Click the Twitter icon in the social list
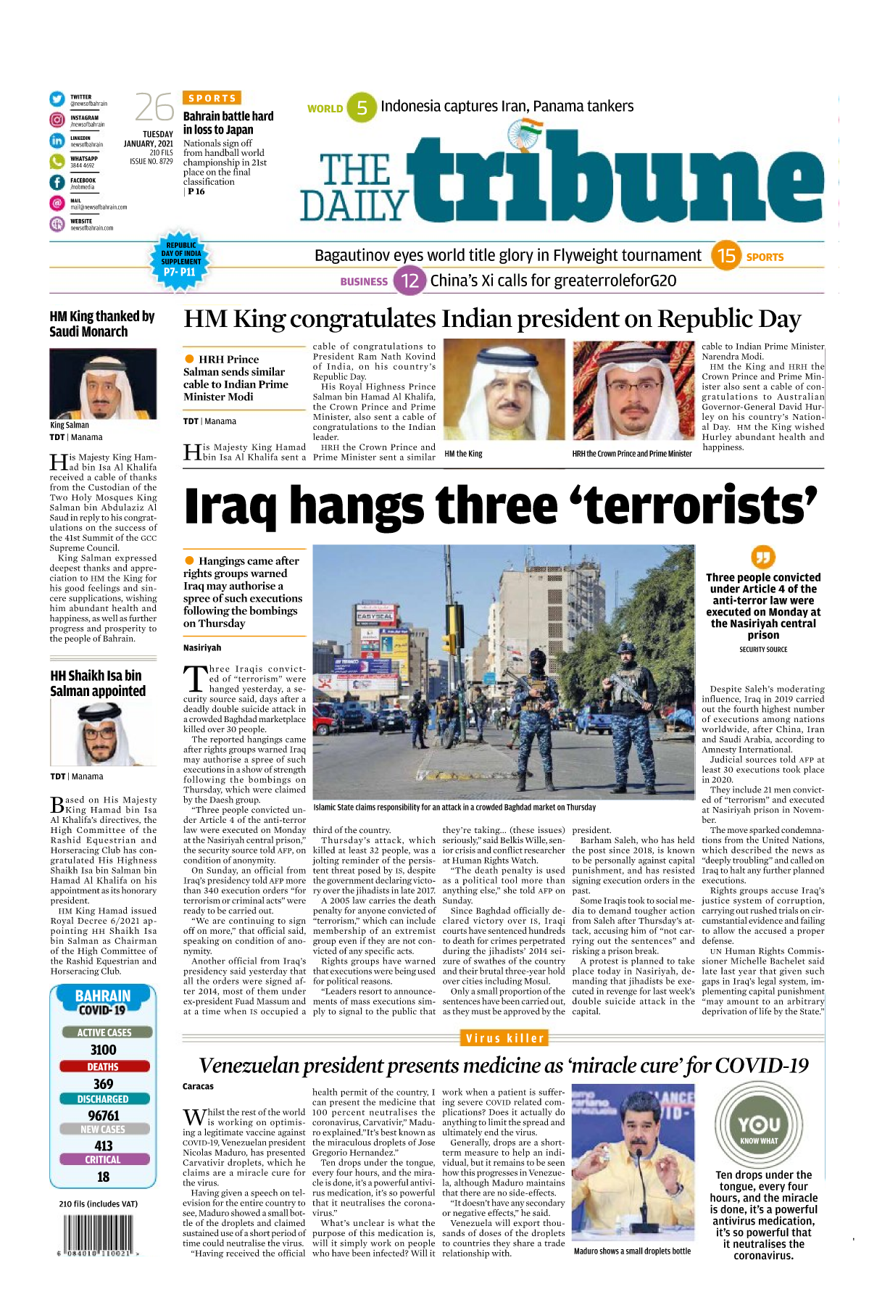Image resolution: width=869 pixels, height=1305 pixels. [x=57, y=99]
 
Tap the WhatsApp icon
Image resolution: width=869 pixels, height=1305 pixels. [x=57, y=161]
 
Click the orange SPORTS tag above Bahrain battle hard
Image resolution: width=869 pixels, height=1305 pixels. [x=212, y=98]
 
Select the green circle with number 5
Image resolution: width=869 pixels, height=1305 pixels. [x=362, y=108]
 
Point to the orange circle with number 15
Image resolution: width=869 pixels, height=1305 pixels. [x=726, y=255]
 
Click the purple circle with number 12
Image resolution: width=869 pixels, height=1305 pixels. [x=409, y=281]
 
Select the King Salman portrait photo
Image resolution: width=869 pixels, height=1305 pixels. [x=103, y=384]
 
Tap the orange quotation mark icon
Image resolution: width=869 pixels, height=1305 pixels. [x=763, y=557]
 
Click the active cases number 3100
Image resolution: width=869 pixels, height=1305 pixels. [x=103, y=1050]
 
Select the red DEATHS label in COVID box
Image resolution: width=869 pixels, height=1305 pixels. [x=103, y=1066]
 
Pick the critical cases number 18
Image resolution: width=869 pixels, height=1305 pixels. [x=103, y=1177]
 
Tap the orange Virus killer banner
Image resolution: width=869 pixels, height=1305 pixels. [x=504, y=1038]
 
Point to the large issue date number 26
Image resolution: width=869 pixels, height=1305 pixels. [x=154, y=108]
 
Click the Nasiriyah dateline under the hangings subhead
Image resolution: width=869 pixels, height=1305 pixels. [x=202, y=647]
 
